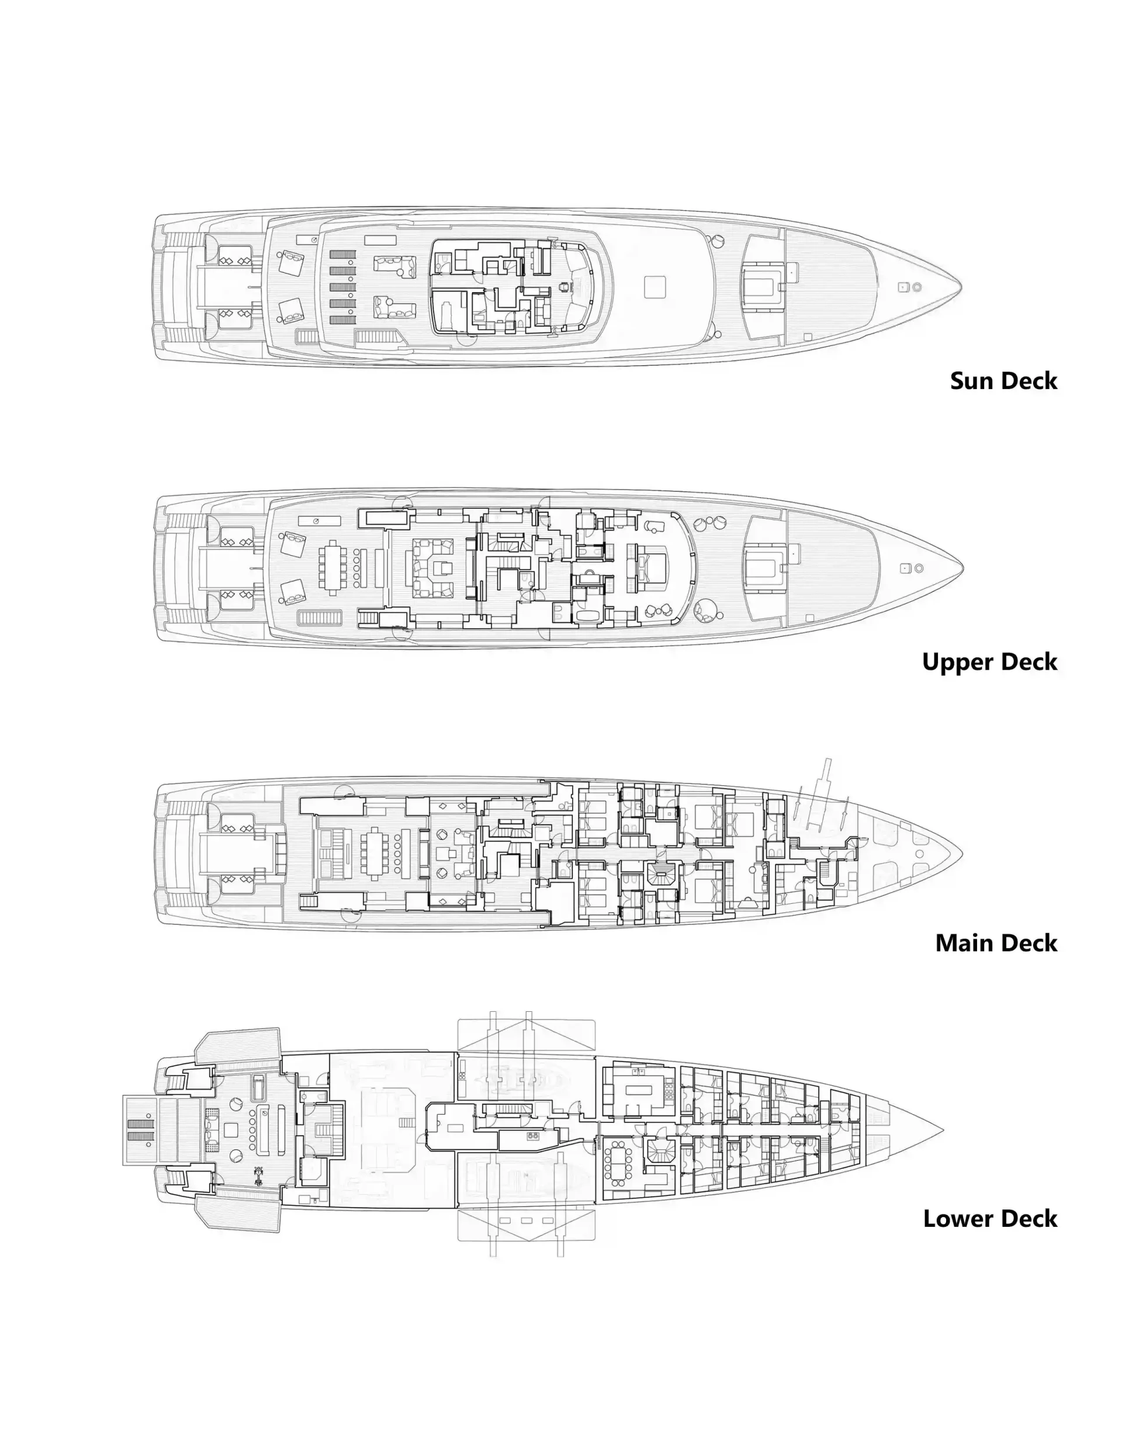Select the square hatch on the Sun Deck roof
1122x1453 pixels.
tap(655, 287)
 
